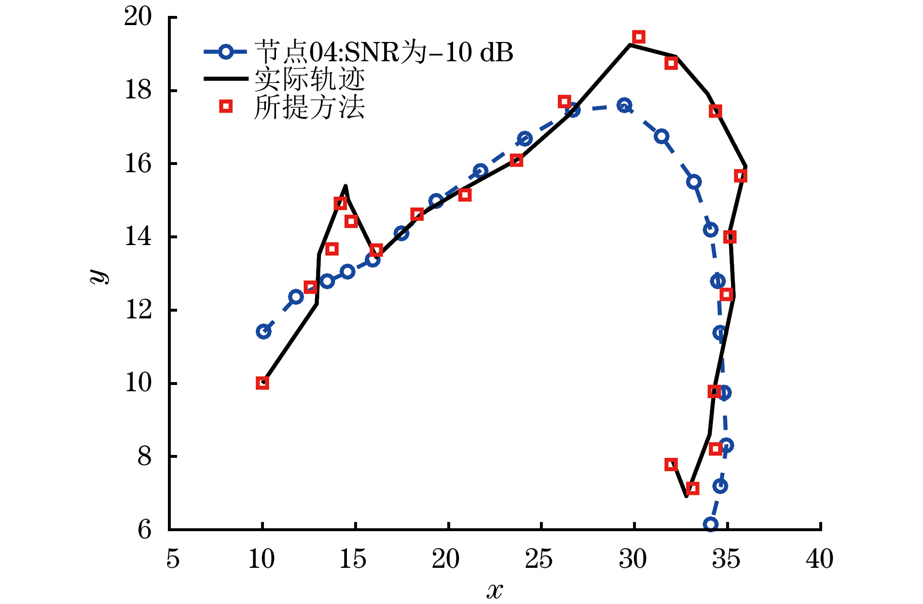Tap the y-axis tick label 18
click(x=138, y=90)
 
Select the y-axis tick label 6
click(x=145, y=530)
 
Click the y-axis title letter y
click(x=99, y=275)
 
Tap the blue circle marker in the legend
click(x=225, y=52)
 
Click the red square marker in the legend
click(x=226, y=106)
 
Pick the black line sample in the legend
click(x=225, y=79)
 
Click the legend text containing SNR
click(x=384, y=52)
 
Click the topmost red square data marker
click(x=639, y=37)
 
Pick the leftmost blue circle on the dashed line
click(x=263, y=331)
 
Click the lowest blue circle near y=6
click(x=710, y=524)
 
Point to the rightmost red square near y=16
click(x=741, y=176)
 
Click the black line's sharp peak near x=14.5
click(x=345, y=186)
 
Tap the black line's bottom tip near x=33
click(x=686, y=496)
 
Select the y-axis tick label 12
click(x=138, y=310)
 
